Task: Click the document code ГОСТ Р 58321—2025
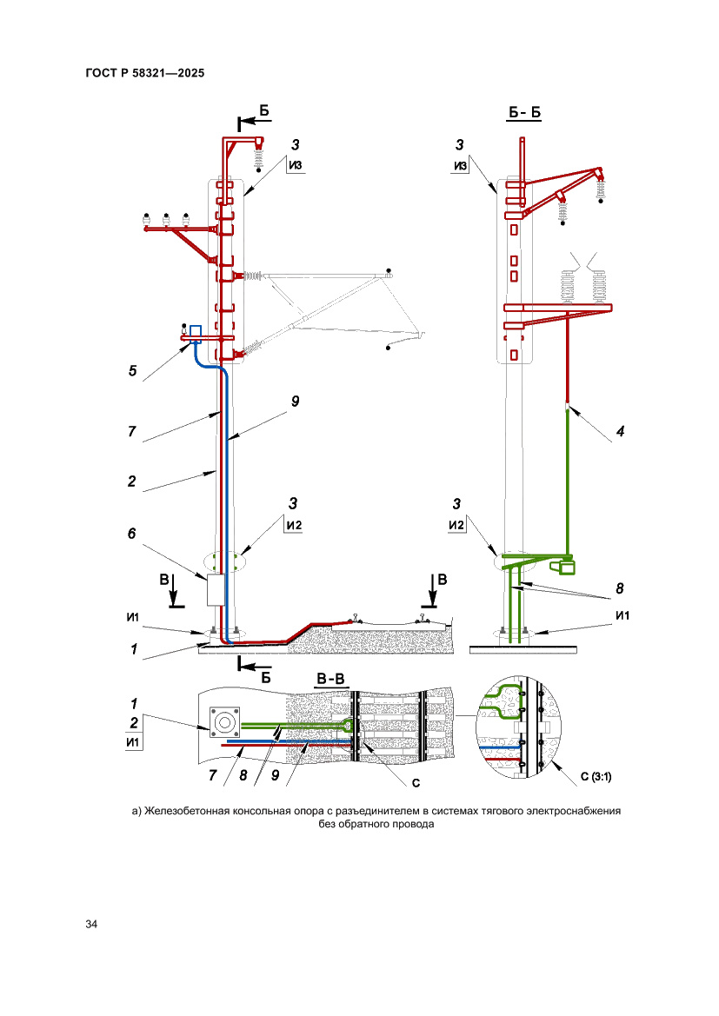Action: (x=145, y=74)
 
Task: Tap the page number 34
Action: (x=91, y=923)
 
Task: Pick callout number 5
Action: (x=132, y=371)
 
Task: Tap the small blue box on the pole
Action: (x=196, y=330)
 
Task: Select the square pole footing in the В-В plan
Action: (x=225, y=721)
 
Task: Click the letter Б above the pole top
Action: (x=264, y=110)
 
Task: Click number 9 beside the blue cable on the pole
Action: (x=295, y=402)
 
